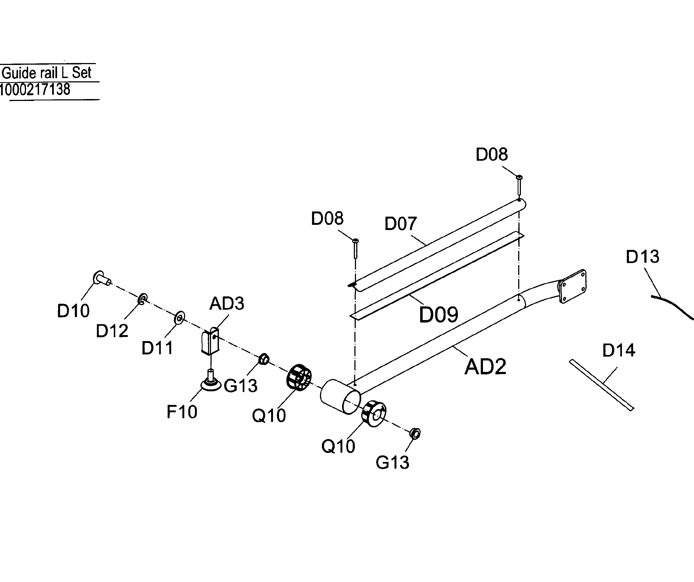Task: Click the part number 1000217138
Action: [x=35, y=89]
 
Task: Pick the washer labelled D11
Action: [x=179, y=317]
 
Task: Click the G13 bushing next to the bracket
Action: [x=264, y=359]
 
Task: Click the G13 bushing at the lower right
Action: [x=415, y=433]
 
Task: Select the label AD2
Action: [x=485, y=367]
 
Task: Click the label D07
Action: [x=401, y=224]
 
